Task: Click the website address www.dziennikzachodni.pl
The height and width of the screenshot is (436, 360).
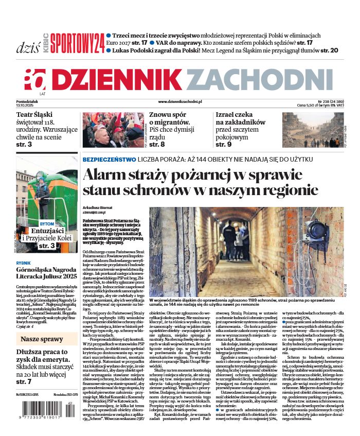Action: pyautogui.click(x=179, y=101)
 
